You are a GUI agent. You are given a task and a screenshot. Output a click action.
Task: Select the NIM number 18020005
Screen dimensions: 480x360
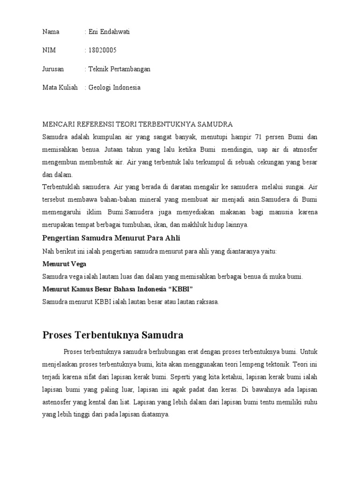(x=102, y=50)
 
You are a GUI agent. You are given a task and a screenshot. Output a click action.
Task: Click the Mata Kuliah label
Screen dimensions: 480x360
(x=60, y=87)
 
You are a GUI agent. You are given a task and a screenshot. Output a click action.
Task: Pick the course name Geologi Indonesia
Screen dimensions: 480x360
(x=114, y=87)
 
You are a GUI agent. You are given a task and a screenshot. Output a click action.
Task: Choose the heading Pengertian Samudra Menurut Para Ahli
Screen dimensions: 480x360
(x=111, y=238)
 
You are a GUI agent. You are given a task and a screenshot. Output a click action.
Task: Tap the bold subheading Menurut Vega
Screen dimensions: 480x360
(x=64, y=264)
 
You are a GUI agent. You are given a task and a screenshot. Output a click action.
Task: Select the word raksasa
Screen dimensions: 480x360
(x=206, y=302)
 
